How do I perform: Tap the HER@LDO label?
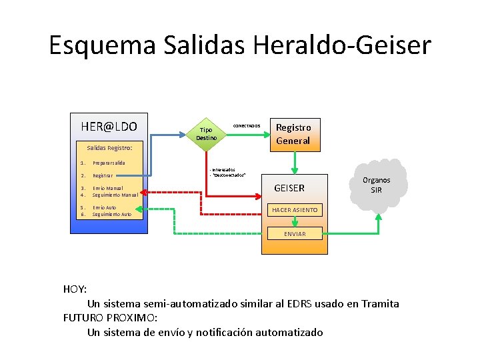[x=109, y=126]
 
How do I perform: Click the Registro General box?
[x=293, y=134]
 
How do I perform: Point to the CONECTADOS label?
[x=246, y=125]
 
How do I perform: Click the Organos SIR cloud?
[x=377, y=185]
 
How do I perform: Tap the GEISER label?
[x=289, y=188]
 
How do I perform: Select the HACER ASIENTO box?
[x=295, y=210]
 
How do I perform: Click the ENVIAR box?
[x=295, y=233]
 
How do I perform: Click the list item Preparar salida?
[x=109, y=163]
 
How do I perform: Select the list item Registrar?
[x=103, y=176]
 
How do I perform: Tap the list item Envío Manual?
[x=108, y=188]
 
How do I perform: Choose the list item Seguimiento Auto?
[x=112, y=214]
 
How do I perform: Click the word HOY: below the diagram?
[x=75, y=289]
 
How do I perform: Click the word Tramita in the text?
[x=380, y=303]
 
